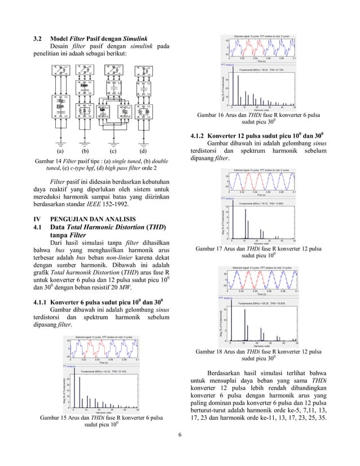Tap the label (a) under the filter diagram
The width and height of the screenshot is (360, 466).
pyautogui.click(x=60, y=151)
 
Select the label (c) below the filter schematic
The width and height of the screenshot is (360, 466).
pyautogui.click(x=113, y=151)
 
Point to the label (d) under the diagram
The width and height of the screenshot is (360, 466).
pyautogui.click(x=142, y=151)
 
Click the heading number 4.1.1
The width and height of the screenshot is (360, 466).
pyautogui.click(x=44, y=300)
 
